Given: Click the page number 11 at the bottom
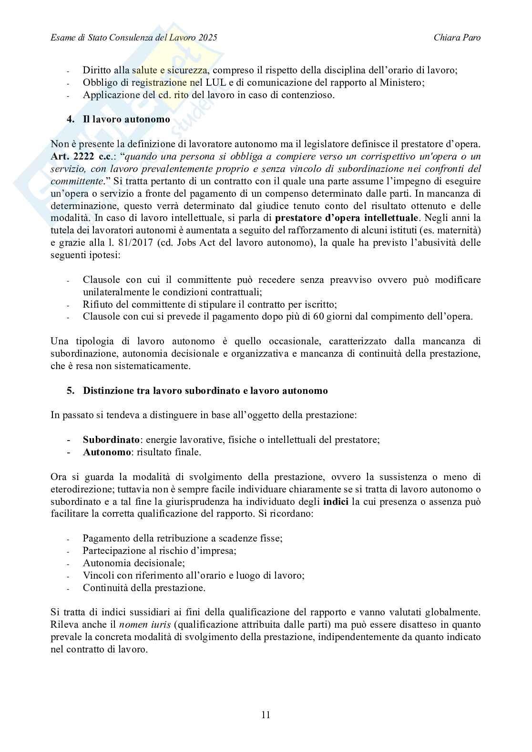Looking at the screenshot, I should tap(266, 715).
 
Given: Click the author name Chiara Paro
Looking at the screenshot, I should tap(457, 37).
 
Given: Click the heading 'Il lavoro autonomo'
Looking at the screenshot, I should tap(126, 120).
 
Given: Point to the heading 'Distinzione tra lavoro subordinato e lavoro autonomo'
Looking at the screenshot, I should tap(205, 391).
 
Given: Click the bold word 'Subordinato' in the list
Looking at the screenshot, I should tap(111, 440).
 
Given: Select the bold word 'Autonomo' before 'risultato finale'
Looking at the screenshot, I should tap(106, 452).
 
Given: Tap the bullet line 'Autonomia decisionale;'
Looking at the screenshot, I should tap(133, 563).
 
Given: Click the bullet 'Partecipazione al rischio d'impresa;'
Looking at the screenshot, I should tap(160, 551).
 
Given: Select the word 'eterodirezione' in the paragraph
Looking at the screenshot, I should tap(79, 489).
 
